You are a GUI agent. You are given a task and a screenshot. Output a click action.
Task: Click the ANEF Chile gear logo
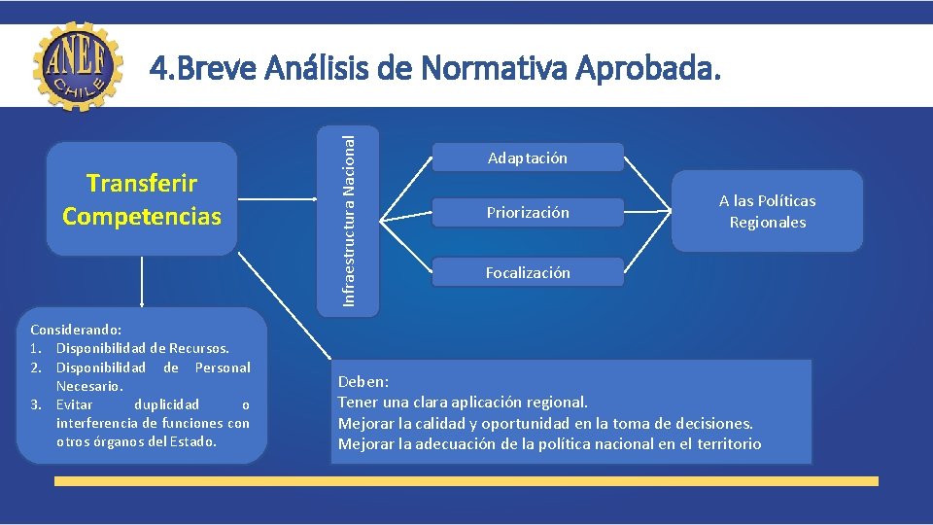tap(79, 66)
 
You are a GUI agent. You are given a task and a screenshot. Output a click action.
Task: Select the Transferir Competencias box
tap(142, 199)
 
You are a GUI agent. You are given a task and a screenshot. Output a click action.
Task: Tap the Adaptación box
tap(528, 157)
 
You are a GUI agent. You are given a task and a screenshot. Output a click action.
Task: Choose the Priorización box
tap(528, 212)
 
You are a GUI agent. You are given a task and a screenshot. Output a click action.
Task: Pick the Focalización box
tap(528, 273)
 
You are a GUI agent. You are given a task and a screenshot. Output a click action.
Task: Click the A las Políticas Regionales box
tap(767, 211)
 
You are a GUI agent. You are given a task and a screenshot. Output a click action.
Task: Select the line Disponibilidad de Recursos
tap(142, 348)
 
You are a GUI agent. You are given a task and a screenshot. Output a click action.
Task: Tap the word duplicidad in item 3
tap(166, 404)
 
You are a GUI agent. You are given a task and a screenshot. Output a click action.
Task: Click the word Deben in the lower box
tap(363, 382)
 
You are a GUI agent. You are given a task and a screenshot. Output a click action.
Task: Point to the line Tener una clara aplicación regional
tap(463, 402)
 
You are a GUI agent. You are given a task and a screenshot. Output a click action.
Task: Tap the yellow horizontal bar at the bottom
tap(466, 480)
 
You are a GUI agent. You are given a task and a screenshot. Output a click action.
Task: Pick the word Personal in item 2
tap(223, 367)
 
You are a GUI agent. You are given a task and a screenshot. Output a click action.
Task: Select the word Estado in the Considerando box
tap(194, 441)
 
